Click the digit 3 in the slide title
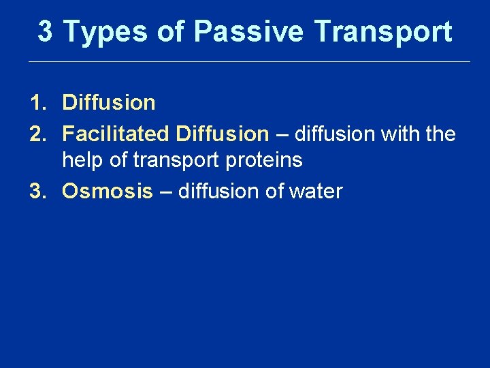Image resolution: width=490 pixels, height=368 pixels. (45, 31)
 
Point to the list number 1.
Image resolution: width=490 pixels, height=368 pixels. (37, 104)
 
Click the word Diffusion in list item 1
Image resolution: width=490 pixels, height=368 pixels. (109, 104)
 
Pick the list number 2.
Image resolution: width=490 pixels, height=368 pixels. (37, 134)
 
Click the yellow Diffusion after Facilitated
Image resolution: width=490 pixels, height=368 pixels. (223, 134)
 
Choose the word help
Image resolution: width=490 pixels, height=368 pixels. (82, 162)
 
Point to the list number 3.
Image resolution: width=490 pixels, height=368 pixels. (37, 191)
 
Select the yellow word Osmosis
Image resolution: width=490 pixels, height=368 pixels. (108, 191)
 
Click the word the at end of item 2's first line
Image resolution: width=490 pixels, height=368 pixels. (440, 134)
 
